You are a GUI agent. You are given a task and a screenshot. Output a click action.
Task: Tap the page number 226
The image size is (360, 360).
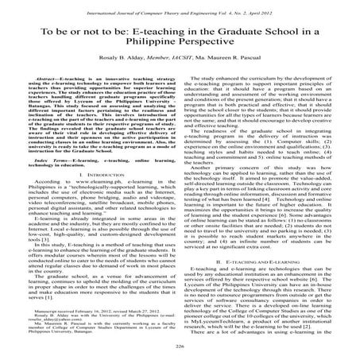[x=180, y=348]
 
